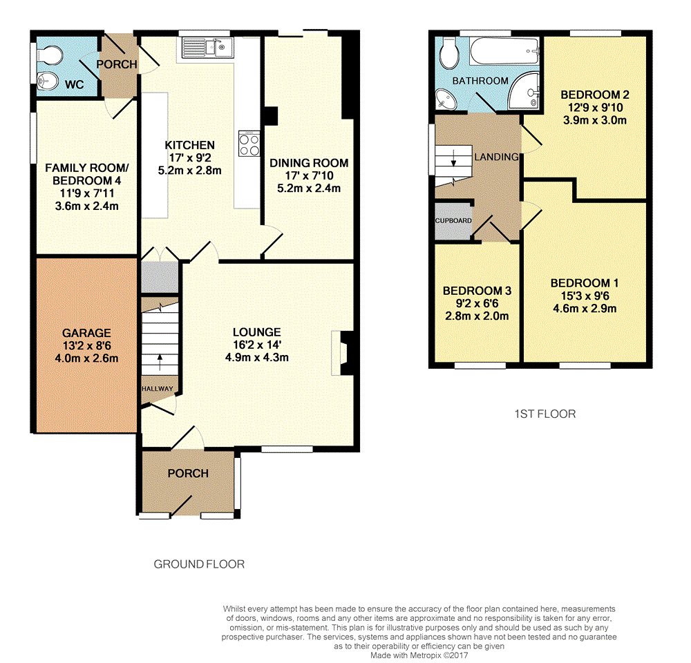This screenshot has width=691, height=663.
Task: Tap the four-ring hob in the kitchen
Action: [x=249, y=144]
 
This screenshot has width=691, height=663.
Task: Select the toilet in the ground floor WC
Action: [x=49, y=56]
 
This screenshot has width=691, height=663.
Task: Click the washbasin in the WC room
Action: [x=48, y=81]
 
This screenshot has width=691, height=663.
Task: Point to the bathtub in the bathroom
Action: [x=504, y=51]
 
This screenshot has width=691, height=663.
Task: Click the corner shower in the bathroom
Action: [x=524, y=90]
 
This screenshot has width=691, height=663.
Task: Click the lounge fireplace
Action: [x=342, y=354]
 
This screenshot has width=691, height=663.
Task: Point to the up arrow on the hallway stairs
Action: [x=160, y=363]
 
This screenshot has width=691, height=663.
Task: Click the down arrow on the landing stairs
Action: [x=453, y=157]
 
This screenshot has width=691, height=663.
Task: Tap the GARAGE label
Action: [x=86, y=333]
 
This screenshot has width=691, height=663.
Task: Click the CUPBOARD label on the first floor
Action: [x=453, y=221]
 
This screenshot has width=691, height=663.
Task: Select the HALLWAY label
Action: [x=158, y=389]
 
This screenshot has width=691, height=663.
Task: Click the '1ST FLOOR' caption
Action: [x=545, y=414]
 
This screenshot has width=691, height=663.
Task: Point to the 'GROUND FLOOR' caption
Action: [x=199, y=564]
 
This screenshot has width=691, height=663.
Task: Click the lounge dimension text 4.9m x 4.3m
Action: [x=257, y=357]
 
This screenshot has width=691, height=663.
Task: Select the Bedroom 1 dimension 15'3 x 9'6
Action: [x=585, y=296]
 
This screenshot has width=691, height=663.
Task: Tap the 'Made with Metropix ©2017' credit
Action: [x=419, y=655]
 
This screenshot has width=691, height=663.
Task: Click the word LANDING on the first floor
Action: [x=497, y=157]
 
